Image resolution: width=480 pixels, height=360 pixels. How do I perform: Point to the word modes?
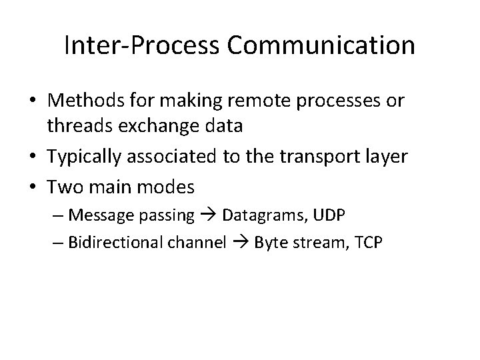click(x=167, y=187)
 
